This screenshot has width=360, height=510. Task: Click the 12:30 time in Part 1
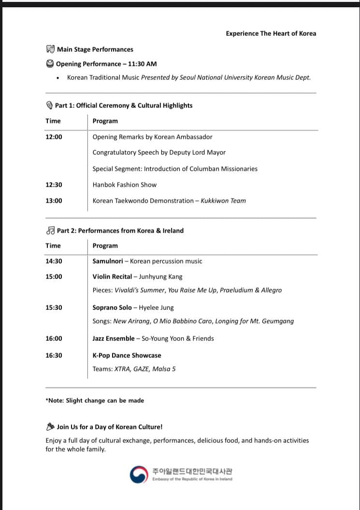pos(54,185)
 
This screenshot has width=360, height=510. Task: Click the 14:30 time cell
pos(54,261)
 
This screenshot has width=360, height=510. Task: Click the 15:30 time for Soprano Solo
pos(54,307)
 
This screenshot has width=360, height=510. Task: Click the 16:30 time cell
pos(54,355)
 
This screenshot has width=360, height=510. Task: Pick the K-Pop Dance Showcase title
pos(127,355)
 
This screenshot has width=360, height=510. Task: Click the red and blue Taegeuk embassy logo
pos(138,474)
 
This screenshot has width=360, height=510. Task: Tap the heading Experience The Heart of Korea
pos(271,33)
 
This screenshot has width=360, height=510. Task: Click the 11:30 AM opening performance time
pos(142,64)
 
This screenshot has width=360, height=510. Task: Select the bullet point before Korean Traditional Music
pos(58,78)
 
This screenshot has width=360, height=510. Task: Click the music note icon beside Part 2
pos(50,231)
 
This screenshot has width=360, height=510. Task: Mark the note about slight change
pos(95,400)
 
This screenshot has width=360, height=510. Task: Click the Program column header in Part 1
pos(105,121)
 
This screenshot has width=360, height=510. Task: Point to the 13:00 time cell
pos(54,201)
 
